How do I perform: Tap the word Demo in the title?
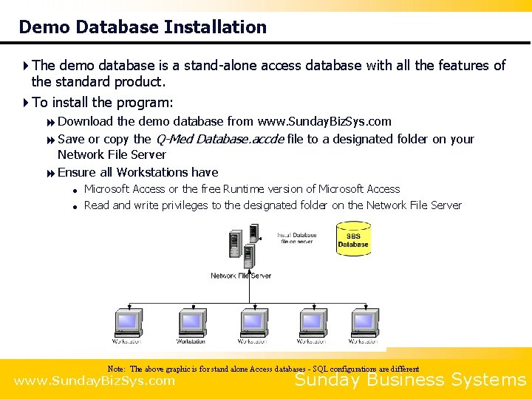point(43,27)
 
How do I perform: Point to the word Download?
point(85,121)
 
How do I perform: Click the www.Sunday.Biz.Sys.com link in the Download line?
point(324,121)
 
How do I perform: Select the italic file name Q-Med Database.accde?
point(219,139)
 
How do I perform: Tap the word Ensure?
point(77,172)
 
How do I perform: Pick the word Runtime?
point(248,189)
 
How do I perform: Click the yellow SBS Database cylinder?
point(353,242)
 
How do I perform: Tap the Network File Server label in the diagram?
point(241,276)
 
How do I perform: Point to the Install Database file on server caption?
point(297,239)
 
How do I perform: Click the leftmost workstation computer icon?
point(127,323)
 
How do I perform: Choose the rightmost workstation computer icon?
point(364,323)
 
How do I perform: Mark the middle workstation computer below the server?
point(251,323)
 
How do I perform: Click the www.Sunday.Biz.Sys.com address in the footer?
point(95,381)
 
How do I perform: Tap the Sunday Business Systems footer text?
point(410,381)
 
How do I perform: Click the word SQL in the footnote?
point(321,369)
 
